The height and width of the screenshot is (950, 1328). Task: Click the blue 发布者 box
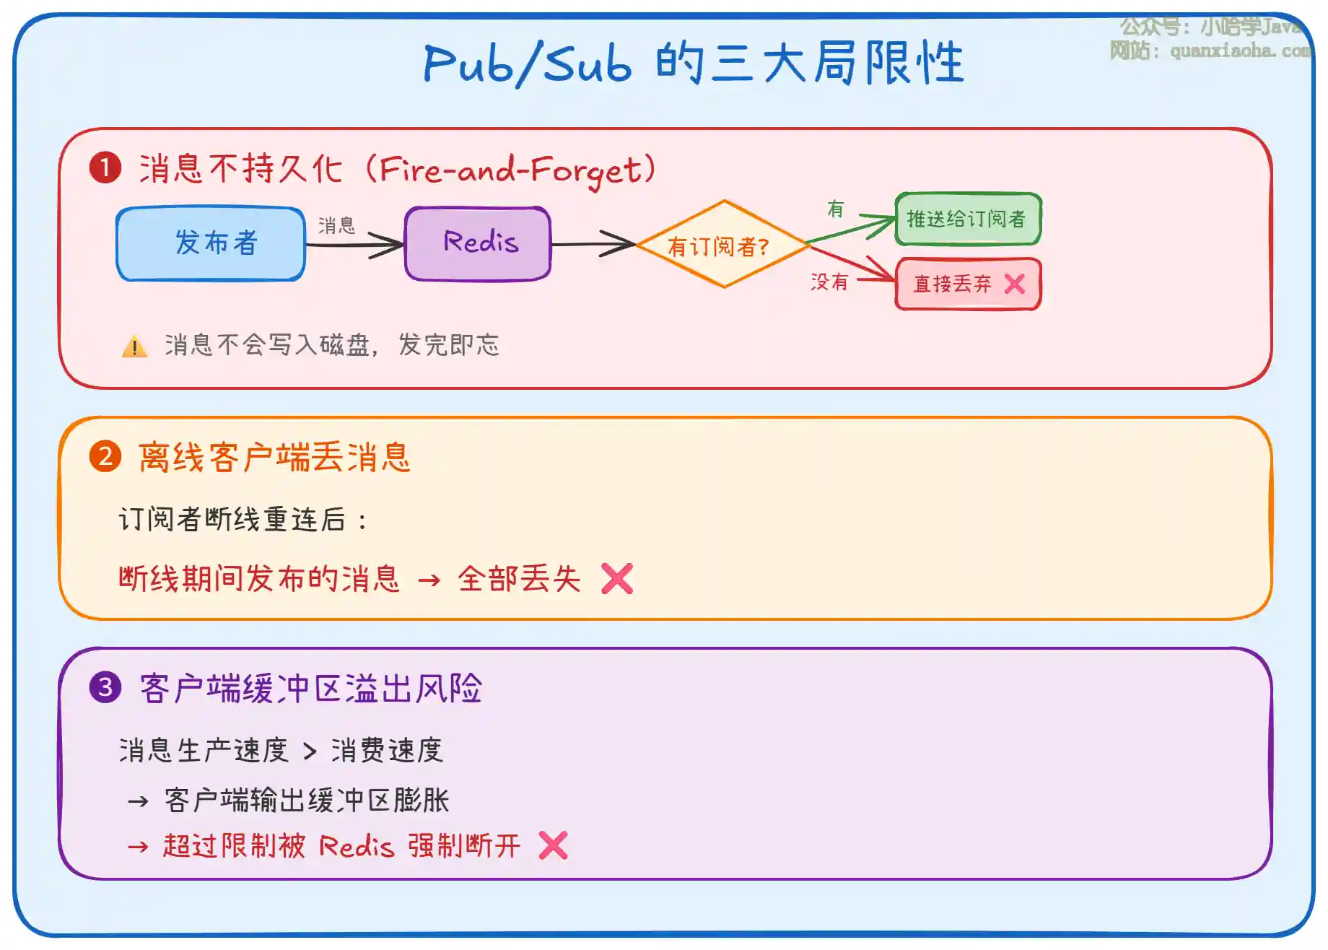(211, 244)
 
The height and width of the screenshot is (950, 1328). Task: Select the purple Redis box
(478, 244)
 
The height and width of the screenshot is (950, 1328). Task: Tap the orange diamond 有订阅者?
(722, 245)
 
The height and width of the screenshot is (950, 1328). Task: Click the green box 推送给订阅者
(967, 219)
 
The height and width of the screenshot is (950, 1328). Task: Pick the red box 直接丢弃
(967, 284)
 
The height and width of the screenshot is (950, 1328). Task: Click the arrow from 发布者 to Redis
(354, 245)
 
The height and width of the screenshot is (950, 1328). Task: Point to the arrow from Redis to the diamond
(592, 245)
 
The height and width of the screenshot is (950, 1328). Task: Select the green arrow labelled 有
(850, 229)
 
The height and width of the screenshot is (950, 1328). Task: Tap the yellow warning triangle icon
(134, 347)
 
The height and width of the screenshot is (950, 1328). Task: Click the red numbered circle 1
(105, 168)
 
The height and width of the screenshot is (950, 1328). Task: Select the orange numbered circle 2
(105, 457)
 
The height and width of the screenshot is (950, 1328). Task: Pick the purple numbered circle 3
(105, 687)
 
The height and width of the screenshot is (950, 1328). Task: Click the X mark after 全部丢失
(617, 578)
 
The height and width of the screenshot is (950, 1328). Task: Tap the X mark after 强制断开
(554, 845)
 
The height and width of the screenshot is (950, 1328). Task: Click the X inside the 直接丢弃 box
(1014, 284)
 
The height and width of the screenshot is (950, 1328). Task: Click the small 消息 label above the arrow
(336, 225)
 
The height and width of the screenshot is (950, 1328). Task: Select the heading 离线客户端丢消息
(274, 458)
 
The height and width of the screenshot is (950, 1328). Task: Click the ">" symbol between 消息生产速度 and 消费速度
(310, 752)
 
